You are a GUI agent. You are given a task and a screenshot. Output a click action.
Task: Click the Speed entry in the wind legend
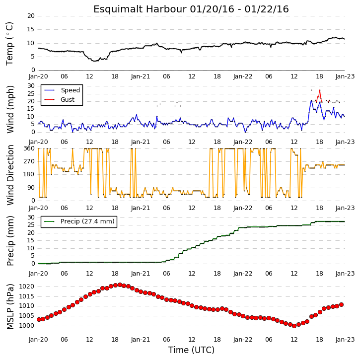click(70, 90)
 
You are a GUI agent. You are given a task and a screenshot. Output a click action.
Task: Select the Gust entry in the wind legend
click(68, 100)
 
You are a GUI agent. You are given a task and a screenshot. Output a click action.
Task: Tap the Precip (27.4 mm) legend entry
click(87, 221)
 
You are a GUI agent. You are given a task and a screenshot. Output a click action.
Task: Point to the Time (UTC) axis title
click(191, 350)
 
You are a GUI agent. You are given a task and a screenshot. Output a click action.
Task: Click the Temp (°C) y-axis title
click(9, 44)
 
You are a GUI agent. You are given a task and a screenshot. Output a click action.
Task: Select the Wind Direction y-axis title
click(10, 175)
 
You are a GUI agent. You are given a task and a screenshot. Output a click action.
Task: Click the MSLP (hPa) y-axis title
click(10, 306)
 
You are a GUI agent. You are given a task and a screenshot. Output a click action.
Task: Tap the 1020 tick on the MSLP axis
click(26, 287)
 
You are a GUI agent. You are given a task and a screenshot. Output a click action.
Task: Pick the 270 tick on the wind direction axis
click(29, 161)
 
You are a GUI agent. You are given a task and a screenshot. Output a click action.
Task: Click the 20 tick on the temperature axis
click(31, 16)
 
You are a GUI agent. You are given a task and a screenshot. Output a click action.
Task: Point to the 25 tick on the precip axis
click(31, 225)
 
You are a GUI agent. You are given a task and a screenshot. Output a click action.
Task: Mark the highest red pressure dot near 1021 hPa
click(120, 285)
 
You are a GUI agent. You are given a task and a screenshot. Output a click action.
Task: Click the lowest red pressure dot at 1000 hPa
click(294, 326)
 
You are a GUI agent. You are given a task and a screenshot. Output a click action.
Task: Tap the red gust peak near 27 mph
click(320, 90)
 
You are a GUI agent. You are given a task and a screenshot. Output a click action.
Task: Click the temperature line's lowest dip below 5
click(94, 61)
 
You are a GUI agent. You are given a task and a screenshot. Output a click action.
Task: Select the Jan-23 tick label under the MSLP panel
click(345, 339)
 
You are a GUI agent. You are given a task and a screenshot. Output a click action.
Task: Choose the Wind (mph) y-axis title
click(10, 109)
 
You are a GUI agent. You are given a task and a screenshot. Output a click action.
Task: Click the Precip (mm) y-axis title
click(10, 241)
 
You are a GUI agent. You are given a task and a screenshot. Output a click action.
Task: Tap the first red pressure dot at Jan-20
click(39, 320)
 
